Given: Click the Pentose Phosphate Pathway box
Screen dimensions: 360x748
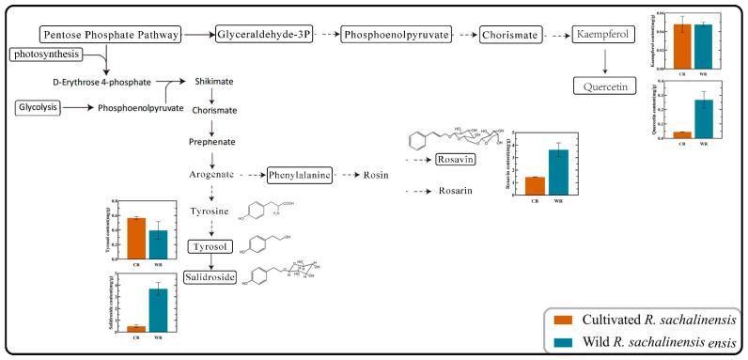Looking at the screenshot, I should click(x=111, y=35).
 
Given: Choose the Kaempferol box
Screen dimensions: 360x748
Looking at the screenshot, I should click(x=605, y=35).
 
